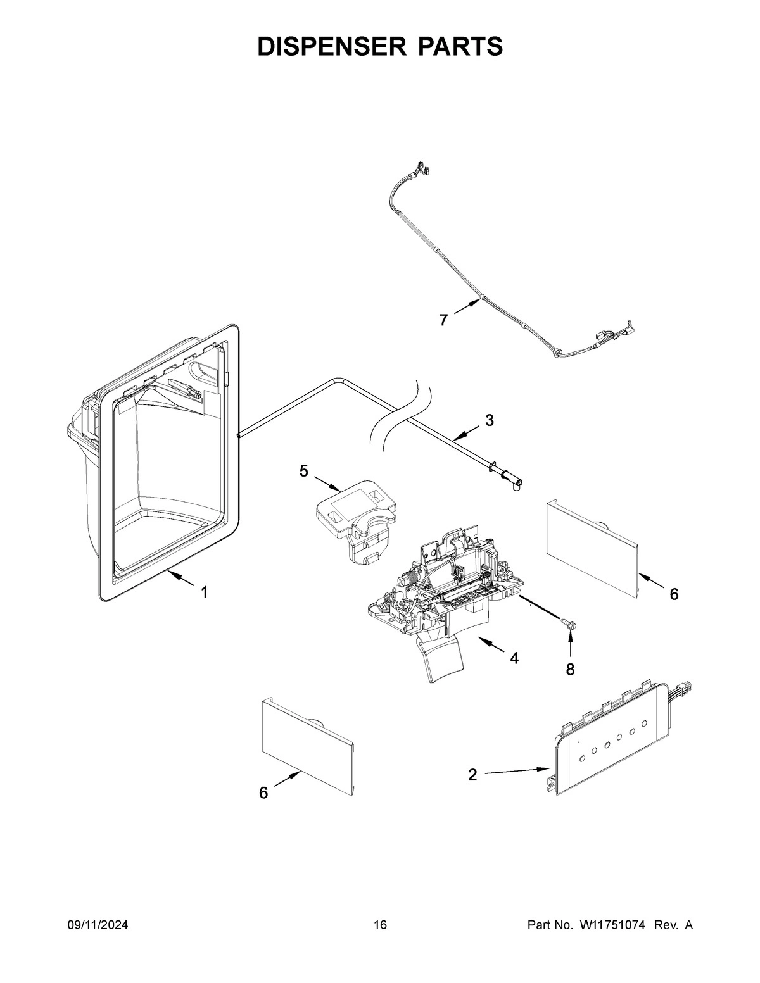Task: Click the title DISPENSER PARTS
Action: pyautogui.click(x=380, y=46)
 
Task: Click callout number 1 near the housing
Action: pyautogui.click(x=204, y=592)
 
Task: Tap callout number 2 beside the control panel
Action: pyautogui.click(x=472, y=775)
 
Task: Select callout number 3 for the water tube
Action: pyautogui.click(x=490, y=420)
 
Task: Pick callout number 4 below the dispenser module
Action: pyautogui.click(x=514, y=659)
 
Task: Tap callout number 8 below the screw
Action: pyautogui.click(x=570, y=670)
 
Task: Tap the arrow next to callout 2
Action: pyautogui.click(x=516, y=772)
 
